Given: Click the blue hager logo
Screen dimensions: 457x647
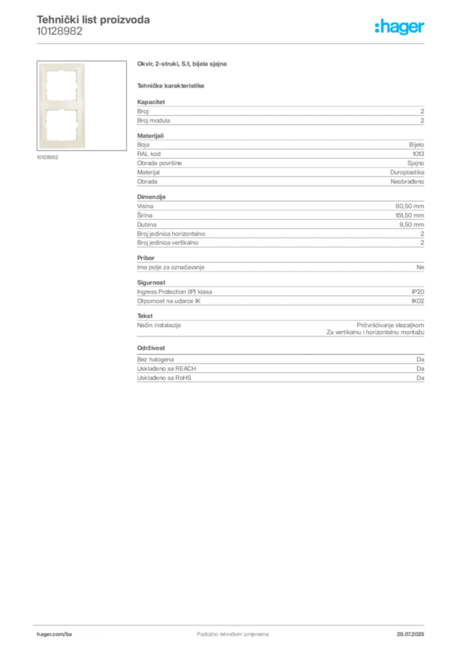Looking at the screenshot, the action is [x=401, y=28].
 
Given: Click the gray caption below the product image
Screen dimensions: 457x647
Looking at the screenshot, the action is [x=48, y=157].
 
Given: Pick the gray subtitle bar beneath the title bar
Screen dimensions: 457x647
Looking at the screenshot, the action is [x=172, y=85].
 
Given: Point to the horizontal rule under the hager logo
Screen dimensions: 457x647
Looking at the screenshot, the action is [x=252, y=43].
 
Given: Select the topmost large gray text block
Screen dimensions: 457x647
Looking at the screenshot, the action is [x=280, y=113].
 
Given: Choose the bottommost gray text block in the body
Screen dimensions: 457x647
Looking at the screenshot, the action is [x=280, y=370].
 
